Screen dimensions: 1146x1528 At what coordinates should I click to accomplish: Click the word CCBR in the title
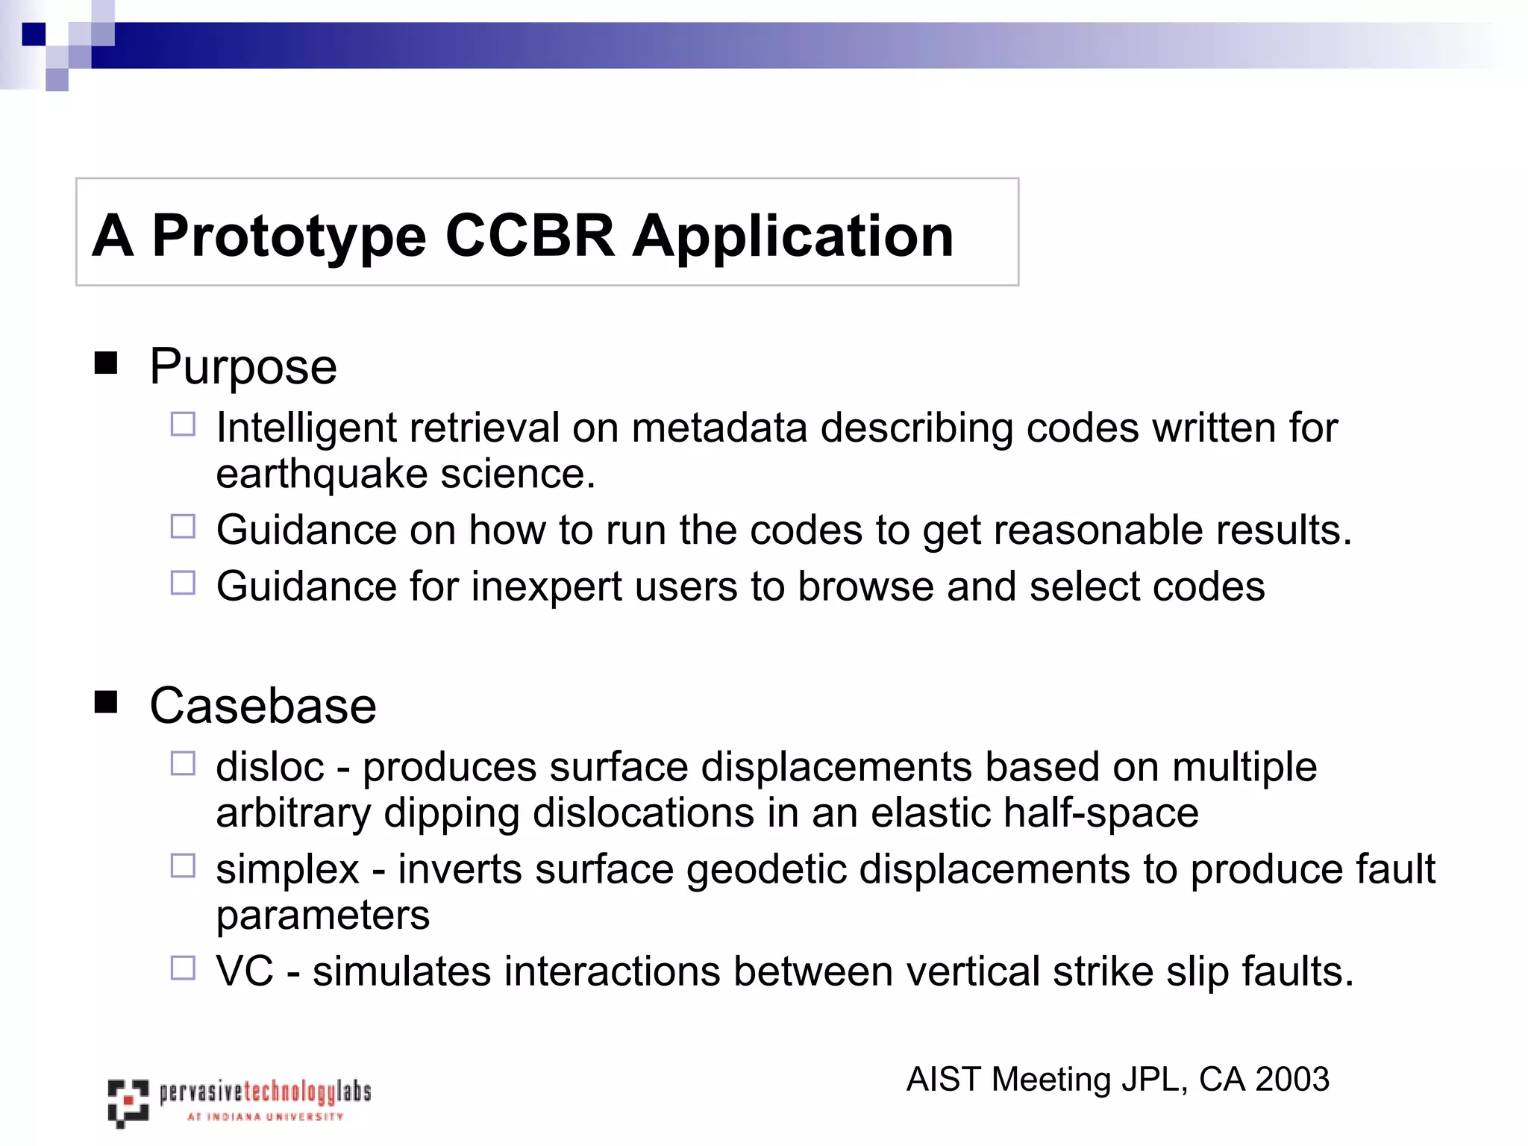coord(530,237)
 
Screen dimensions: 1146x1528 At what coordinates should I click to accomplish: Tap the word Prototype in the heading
coord(289,237)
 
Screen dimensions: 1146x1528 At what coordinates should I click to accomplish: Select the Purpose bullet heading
coord(243,366)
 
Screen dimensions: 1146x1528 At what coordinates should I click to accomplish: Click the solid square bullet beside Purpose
coord(106,363)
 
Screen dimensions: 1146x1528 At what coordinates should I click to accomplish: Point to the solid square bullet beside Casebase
coord(106,702)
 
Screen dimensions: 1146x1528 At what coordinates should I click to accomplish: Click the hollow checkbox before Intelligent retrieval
coord(183,425)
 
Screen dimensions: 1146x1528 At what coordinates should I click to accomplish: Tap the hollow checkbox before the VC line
coord(183,968)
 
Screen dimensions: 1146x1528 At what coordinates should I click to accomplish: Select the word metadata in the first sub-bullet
coord(719,428)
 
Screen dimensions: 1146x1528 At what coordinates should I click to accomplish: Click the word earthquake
coord(322,475)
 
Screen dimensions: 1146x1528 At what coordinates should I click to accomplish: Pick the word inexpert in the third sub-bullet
coord(546,586)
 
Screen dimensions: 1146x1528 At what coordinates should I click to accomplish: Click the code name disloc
coord(270,767)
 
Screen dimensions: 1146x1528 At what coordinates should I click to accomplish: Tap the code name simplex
coord(287,870)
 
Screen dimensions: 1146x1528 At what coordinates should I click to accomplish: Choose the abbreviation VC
coord(245,971)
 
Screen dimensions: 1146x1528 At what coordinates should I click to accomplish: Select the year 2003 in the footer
coord(1292,1080)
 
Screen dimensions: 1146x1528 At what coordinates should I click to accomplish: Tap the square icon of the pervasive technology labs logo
coord(128,1102)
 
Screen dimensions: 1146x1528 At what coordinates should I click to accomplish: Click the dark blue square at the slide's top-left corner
coord(34,34)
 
